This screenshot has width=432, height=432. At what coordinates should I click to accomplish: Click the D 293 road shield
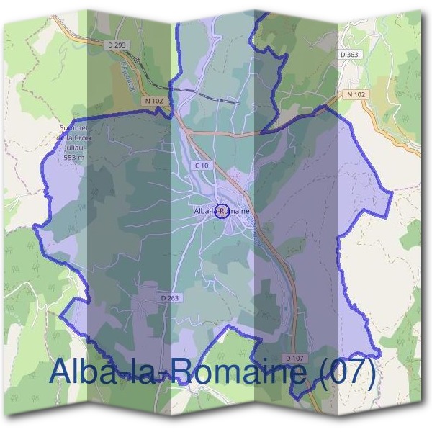[x=119, y=45]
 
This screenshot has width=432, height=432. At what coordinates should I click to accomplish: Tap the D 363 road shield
[x=349, y=54]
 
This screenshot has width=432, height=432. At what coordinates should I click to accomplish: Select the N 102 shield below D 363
[x=356, y=94]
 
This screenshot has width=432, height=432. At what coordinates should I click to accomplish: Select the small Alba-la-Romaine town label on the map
[x=222, y=211]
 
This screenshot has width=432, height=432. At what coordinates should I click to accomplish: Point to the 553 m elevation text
[x=74, y=157]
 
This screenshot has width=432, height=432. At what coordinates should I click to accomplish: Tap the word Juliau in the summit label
[x=74, y=148]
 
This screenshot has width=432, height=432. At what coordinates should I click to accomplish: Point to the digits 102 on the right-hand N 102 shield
[x=359, y=94]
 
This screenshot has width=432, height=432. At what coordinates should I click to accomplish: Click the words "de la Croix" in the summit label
[x=74, y=138]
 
